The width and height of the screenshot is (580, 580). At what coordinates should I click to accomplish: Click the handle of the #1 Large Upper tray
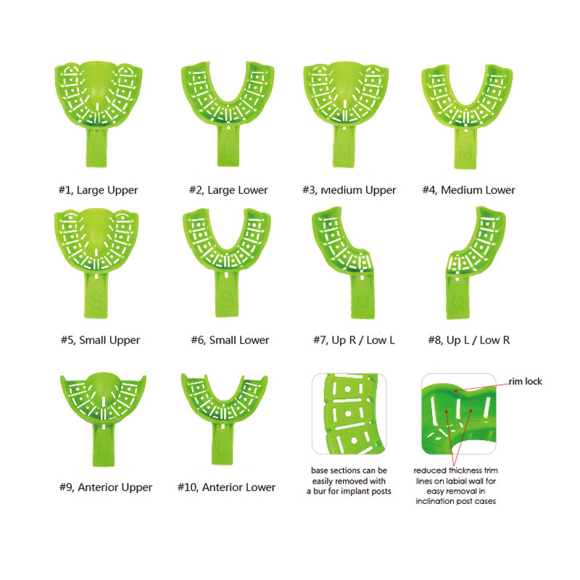pyautogui.click(x=96, y=147)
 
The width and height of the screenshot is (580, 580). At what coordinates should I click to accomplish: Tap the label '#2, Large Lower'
pyautogui.click(x=228, y=190)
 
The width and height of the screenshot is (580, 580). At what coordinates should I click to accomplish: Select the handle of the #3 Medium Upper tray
pyautogui.click(x=344, y=147)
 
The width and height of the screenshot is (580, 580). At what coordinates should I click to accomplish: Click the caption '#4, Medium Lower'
pyautogui.click(x=468, y=190)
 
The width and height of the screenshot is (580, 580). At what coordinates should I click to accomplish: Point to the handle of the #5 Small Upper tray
pyautogui.click(x=96, y=295)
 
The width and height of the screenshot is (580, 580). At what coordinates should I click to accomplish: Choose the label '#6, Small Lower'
pyautogui.click(x=230, y=340)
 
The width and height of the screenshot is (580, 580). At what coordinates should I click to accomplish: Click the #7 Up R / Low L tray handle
pyautogui.click(x=363, y=296)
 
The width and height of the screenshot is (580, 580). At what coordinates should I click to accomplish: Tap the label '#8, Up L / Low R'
pyautogui.click(x=468, y=340)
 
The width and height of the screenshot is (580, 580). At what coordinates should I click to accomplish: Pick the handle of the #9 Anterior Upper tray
pyautogui.click(x=103, y=445)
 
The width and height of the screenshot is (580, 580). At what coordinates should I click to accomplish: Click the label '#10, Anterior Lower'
pyautogui.click(x=226, y=487)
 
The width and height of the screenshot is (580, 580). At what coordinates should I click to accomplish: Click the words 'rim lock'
pyautogui.click(x=525, y=381)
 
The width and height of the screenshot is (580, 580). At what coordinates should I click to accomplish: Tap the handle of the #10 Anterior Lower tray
pyautogui.click(x=223, y=444)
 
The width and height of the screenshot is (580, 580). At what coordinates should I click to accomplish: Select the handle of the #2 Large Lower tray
pyautogui.click(x=228, y=146)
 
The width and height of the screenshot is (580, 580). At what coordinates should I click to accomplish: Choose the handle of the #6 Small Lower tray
pyautogui.click(x=227, y=294)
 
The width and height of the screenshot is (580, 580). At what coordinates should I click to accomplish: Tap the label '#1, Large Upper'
pyautogui.click(x=99, y=190)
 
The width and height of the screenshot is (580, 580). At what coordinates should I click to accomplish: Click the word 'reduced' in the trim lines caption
pyautogui.click(x=429, y=471)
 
